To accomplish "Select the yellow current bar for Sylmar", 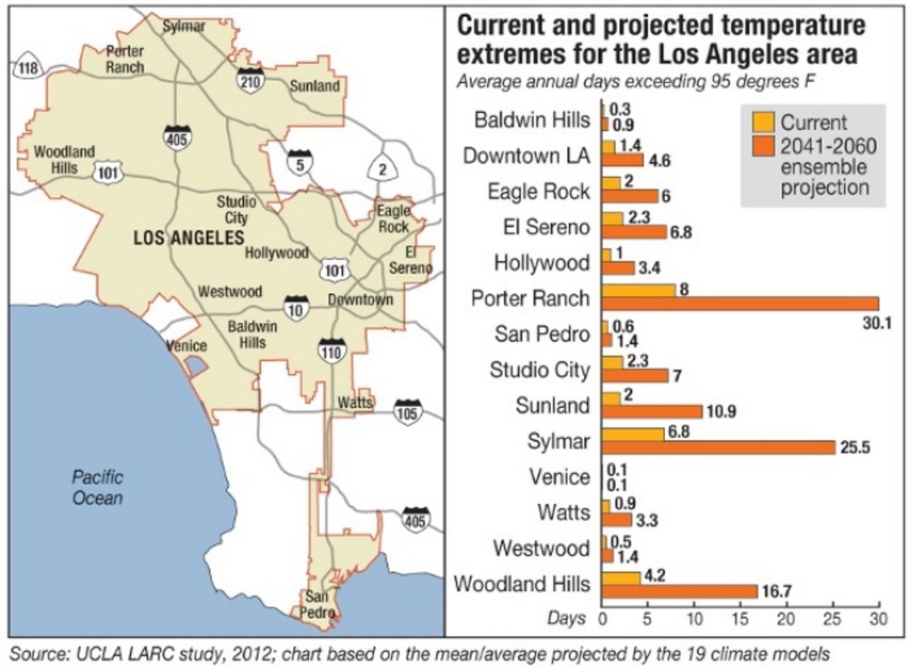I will (x=633, y=433).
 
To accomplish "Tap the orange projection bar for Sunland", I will (x=651, y=411).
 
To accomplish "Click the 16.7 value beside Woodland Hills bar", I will (x=779, y=592).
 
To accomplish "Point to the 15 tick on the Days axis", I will (x=740, y=618).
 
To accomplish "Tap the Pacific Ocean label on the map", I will (x=97, y=487).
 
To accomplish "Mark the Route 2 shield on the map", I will (x=383, y=170).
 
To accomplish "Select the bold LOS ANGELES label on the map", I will (x=188, y=238).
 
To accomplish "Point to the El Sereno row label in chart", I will (x=540, y=227).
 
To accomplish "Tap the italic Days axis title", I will (x=567, y=618).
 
